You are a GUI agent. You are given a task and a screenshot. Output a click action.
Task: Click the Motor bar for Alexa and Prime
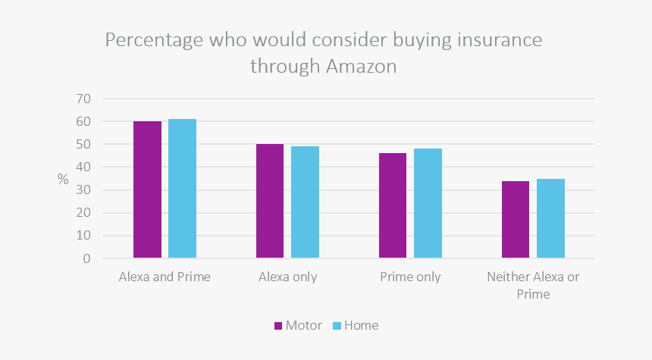[x=147, y=189]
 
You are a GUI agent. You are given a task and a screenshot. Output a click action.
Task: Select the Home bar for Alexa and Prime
[x=182, y=189]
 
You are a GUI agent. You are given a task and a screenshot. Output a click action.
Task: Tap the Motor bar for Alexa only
[x=270, y=201]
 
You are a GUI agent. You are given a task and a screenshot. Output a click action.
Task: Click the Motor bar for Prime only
[x=393, y=205]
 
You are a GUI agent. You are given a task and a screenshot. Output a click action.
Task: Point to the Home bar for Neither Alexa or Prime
[x=550, y=218]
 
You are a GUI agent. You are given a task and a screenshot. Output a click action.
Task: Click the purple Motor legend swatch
[x=277, y=326]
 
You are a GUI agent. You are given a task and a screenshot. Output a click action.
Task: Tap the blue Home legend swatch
[x=337, y=326]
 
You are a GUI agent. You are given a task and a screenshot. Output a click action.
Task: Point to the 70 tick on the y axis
[x=83, y=99]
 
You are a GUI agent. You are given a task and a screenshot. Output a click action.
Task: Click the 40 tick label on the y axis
[x=83, y=167]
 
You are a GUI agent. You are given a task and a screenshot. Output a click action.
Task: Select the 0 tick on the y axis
[x=87, y=258]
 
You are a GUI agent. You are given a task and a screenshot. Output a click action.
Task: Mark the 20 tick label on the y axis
[x=83, y=213]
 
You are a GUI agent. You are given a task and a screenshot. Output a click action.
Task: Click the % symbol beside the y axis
[x=63, y=180]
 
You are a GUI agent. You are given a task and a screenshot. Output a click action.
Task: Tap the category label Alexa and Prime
[x=165, y=277]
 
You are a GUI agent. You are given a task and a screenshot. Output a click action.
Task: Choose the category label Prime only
[x=410, y=277]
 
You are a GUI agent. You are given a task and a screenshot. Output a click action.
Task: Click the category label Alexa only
[x=287, y=277]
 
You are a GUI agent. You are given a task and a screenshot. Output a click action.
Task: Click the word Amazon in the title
[x=362, y=67]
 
